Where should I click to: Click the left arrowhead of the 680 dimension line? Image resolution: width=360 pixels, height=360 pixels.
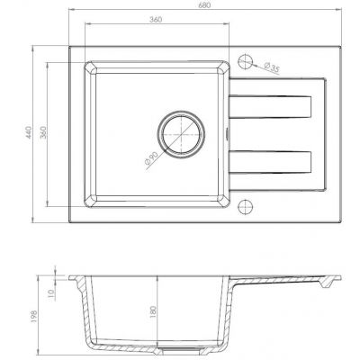point(73,17)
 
